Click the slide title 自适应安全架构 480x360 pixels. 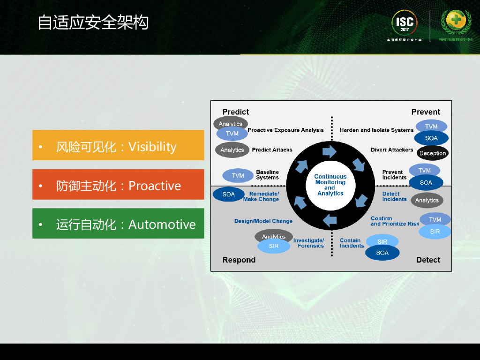(93, 22)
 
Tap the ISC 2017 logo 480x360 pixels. (404, 24)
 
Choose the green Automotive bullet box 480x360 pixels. (118, 224)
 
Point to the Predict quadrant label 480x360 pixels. (236, 112)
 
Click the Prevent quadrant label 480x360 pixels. (426, 112)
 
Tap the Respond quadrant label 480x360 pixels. (239, 260)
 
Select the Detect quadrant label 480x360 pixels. (428, 260)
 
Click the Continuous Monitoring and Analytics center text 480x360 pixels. (330, 185)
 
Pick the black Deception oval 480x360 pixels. (432, 153)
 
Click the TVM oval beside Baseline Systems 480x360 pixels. (238, 176)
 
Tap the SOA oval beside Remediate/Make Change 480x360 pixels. (229, 194)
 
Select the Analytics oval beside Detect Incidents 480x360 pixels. (427, 200)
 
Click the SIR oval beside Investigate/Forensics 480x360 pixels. (274, 246)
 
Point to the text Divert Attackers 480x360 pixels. (392, 150)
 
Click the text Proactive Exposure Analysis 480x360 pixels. (285, 130)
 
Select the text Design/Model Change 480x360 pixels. (263, 221)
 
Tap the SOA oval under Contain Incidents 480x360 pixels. (382, 253)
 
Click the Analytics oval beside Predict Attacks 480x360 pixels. (232, 150)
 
